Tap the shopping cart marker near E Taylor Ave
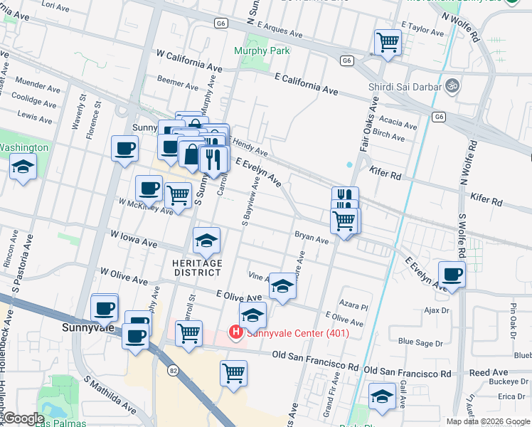coord(388,43)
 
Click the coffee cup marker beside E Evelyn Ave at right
coord(452,275)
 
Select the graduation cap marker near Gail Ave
coord(382,396)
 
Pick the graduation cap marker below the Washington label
coord(23,168)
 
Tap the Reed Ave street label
coord(489,372)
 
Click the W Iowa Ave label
coord(134,238)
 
